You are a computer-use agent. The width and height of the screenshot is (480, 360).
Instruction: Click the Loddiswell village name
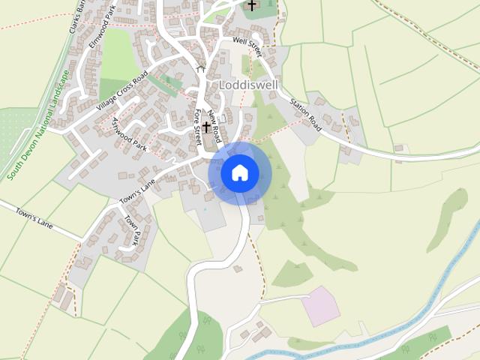click(249, 85)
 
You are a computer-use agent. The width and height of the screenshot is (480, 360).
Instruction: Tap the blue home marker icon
click(239, 173)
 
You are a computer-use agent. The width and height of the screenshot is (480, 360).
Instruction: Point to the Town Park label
click(132, 231)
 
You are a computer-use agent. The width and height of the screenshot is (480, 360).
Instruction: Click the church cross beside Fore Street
click(206, 127)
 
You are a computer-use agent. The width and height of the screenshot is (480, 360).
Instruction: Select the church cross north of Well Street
click(252, 5)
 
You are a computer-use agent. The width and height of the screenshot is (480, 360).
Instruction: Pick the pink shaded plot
click(321, 305)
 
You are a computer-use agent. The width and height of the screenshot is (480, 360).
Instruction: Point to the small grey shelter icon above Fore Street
click(200, 67)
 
